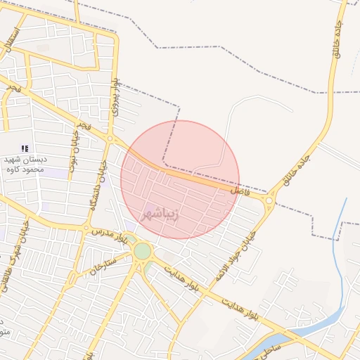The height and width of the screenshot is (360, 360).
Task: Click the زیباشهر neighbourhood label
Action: tap(160, 213)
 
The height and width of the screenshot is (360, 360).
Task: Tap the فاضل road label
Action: tap(240, 190)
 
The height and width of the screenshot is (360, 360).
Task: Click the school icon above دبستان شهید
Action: tap(25, 148)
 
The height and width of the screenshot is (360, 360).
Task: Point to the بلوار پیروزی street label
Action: tap(113, 90)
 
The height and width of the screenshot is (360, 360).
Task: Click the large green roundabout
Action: tap(143, 251)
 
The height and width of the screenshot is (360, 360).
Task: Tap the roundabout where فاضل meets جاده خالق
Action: tap(269, 201)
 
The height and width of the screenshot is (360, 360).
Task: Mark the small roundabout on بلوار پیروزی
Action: tap(111, 139)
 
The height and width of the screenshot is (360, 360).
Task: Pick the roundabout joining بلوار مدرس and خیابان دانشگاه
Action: tap(86, 229)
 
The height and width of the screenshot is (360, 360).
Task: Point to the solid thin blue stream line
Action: tap(342, 232)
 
